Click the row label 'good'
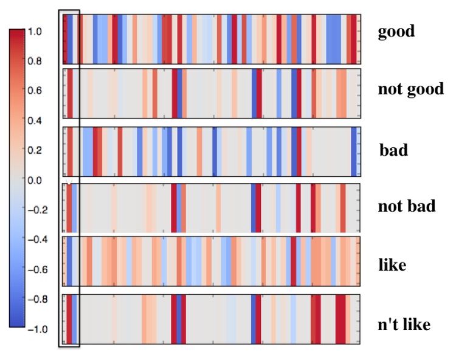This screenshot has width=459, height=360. (396, 32)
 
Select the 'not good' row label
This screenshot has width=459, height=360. (410, 90)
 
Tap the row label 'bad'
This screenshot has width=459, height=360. (393, 150)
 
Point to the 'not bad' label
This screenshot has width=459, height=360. (406, 206)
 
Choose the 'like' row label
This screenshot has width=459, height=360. (392, 265)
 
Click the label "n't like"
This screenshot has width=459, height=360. (404, 324)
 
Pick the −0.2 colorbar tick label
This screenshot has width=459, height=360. (38, 210)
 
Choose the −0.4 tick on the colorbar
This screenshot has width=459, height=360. (38, 240)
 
